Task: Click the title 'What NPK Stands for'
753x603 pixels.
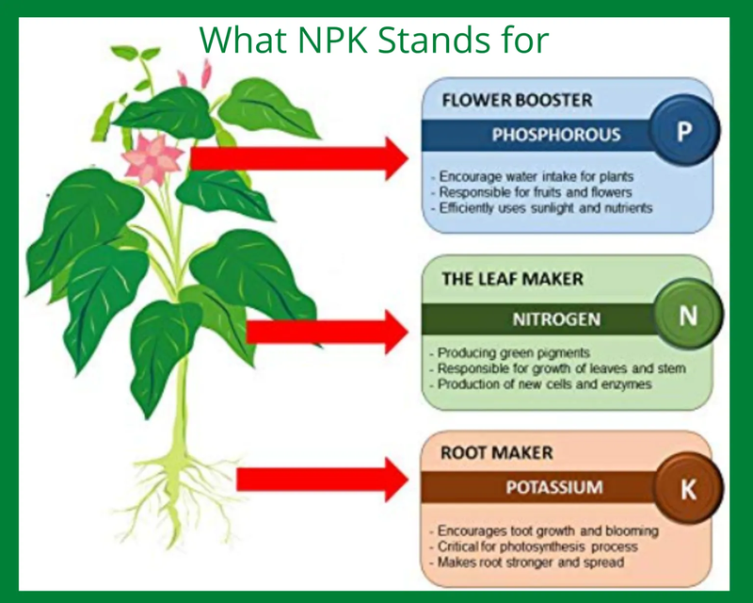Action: click(x=374, y=40)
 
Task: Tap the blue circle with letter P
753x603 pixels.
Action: click(x=684, y=130)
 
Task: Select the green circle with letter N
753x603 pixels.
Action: click(x=688, y=316)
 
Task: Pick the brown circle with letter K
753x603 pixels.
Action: click(x=688, y=488)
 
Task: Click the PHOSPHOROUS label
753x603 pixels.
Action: click(x=556, y=134)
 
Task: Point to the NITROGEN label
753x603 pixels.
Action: click(x=556, y=318)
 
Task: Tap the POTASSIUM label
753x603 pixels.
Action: click(x=554, y=487)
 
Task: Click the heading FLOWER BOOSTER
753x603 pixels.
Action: click(x=517, y=100)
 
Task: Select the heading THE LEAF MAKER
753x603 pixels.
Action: click(x=512, y=279)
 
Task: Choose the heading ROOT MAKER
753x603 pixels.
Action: click(x=497, y=452)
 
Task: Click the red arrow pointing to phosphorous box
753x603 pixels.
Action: click(x=298, y=158)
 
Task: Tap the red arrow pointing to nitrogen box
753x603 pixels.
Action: click(x=327, y=332)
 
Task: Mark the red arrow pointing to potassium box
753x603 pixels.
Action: click(x=322, y=479)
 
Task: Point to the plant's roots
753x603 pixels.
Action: click(x=182, y=496)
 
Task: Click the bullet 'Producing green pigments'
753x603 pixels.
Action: click(x=510, y=353)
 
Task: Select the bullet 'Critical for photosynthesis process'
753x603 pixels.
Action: click(x=534, y=546)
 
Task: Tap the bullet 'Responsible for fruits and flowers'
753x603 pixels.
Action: click(x=531, y=192)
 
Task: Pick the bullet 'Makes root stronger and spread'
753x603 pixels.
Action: click(x=527, y=562)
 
